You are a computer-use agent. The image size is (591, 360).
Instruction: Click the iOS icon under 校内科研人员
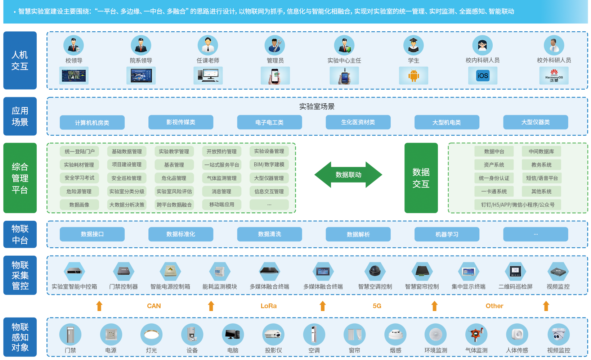click(x=483, y=76)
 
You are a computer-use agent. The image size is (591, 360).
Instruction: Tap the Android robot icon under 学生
click(x=413, y=76)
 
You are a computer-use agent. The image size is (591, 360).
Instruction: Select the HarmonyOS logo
click(x=554, y=76)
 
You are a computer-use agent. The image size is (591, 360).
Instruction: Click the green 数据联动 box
click(x=348, y=175)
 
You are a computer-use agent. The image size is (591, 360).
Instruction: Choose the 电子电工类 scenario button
click(x=269, y=122)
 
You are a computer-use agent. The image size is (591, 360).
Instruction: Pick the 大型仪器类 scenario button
click(x=536, y=122)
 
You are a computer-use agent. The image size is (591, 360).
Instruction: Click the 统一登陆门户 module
click(x=79, y=152)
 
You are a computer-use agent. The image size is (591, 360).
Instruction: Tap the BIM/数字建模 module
click(x=269, y=165)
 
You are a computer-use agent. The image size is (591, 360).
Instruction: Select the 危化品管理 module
click(x=174, y=178)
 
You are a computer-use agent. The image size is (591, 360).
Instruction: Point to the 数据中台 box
click(x=494, y=152)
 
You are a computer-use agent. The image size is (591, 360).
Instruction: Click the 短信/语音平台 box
click(x=542, y=178)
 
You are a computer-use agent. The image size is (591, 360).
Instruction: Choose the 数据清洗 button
click(x=269, y=234)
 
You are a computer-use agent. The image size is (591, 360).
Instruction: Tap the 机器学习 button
click(x=447, y=234)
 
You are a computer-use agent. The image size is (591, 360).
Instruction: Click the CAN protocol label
click(x=154, y=306)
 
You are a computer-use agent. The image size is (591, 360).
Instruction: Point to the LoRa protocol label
click(x=269, y=306)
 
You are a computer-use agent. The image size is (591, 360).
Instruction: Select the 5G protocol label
click(x=377, y=306)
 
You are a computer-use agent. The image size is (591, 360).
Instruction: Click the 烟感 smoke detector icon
click(x=395, y=334)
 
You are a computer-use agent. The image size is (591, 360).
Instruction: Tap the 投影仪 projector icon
click(x=273, y=334)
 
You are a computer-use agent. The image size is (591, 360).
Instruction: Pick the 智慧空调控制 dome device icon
click(x=375, y=271)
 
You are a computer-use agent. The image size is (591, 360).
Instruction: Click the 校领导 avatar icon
click(x=74, y=45)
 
